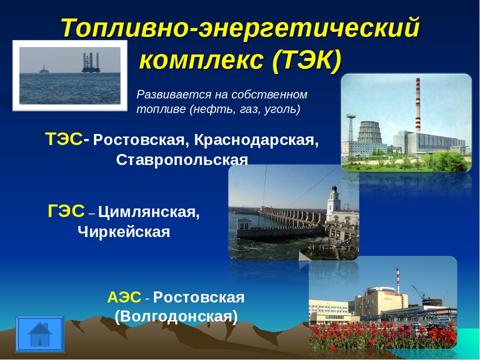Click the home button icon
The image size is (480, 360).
pyautogui.click(x=40, y=334)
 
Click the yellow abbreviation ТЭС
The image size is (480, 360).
pyautogui.click(x=64, y=139)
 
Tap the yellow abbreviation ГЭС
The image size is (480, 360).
pyautogui.click(x=66, y=211)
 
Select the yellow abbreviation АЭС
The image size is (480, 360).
pyautogui.click(x=124, y=297)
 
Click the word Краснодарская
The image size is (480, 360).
pyautogui.click(x=256, y=140)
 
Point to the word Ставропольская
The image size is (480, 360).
pyautogui.click(x=182, y=160)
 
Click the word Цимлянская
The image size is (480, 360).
pyautogui.click(x=149, y=212)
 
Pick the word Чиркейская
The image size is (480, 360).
pyautogui.click(x=123, y=231)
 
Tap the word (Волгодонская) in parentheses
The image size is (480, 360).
pyautogui.click(x=176, y=316)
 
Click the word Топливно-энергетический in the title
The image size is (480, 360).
pyautogui.click(x=240, y=28)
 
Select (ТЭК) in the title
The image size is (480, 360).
pyautogui.click(x=306, y=59)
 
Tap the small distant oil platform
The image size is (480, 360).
pyautogui.click(x=44, y=69)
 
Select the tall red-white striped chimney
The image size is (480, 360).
pyautogui.click(x=417, y=105)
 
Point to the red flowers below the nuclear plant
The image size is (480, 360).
pyautogui.click(x=382, y=335)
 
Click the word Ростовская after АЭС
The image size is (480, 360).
pyautogui.click(x=199, y=297)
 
